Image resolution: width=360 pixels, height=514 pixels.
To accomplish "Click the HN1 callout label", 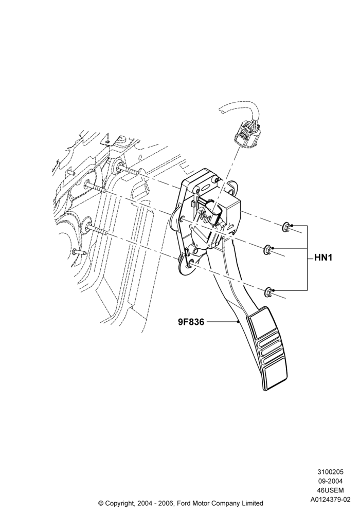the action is (x=323, y=258).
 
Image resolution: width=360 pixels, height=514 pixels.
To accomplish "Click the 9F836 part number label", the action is (x=191, y=322).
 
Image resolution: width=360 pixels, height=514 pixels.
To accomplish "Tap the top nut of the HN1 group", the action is (x=286, y=226).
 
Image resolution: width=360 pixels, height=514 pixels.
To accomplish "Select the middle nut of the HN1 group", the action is (x=268, y=249).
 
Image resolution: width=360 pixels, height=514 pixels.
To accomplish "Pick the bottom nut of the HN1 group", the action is (x=268, y=291).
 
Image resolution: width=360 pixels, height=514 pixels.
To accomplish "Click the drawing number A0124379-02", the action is (x=330, y=500).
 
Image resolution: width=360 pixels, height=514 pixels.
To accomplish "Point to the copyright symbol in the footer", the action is (x=101, y=503).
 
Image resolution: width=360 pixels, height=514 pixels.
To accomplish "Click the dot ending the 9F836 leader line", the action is (x=238, y=322).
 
